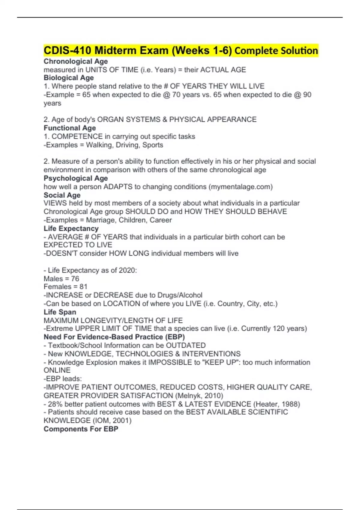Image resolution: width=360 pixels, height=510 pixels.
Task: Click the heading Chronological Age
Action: click(x=76, y=61)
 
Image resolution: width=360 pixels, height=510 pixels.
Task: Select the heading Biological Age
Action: click(x=69, y=78)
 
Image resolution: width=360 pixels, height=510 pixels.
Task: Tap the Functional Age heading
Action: click(x=70, y=128)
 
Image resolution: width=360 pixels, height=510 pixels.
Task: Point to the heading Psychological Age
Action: click(x=76, y=178)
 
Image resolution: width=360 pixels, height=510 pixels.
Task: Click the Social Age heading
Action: click(x=62, y=195)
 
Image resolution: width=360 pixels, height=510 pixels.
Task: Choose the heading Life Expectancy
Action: click(x=71, y=229)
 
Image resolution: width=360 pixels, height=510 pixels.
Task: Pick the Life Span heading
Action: click(x=60, y=312)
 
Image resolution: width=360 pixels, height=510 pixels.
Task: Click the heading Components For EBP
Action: click(x=81, y=429)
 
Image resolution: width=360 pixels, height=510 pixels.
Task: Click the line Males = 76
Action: click(x=61, y=279)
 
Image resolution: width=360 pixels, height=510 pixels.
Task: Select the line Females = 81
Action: click(x=65, y=287)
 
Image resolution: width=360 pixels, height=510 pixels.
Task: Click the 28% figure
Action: click(x=55, y=404)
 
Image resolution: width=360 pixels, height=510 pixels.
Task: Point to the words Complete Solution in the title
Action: click(x=276, y=51)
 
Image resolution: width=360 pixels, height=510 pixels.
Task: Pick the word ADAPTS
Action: click(x=118, y=187)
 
